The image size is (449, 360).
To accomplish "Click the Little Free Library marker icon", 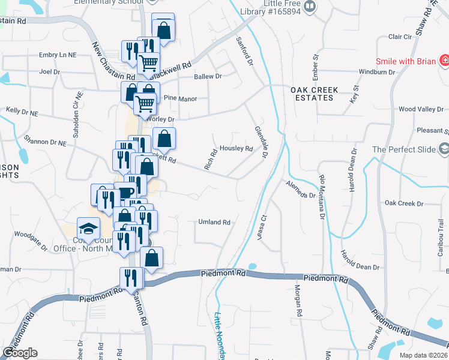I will tap(310, 7).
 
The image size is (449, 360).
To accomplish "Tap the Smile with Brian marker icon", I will tap(444, 61).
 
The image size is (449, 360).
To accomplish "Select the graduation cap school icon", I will tap(88, 228).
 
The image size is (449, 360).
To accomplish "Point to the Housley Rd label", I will tap(236, 148).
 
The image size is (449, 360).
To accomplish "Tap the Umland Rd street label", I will tap(214, 222).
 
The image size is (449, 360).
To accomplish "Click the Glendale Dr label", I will tap(260, 142).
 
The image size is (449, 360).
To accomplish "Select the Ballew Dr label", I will tap(208, 77).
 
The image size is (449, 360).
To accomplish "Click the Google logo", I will tap(19, 353).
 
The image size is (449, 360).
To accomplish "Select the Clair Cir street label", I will tap(400, 37).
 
